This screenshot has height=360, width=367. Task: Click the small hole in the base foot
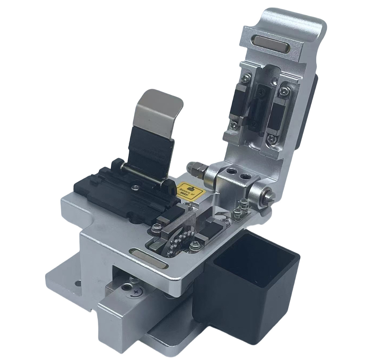pyautogui.click(x=77, y=283)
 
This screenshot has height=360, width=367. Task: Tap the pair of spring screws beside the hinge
pyautogui.click(x=241, y=209)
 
